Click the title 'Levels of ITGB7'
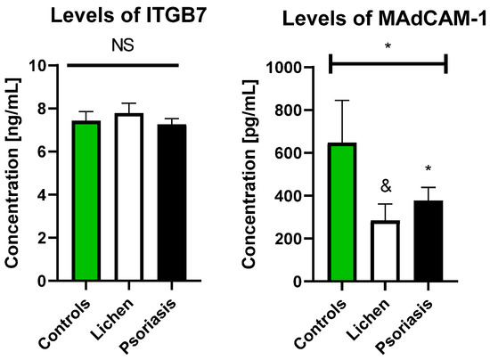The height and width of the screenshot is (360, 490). (123, 16)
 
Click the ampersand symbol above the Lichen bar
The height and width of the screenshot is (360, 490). (386, 187)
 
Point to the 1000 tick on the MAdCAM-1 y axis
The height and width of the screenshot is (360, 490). (298, 68)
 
